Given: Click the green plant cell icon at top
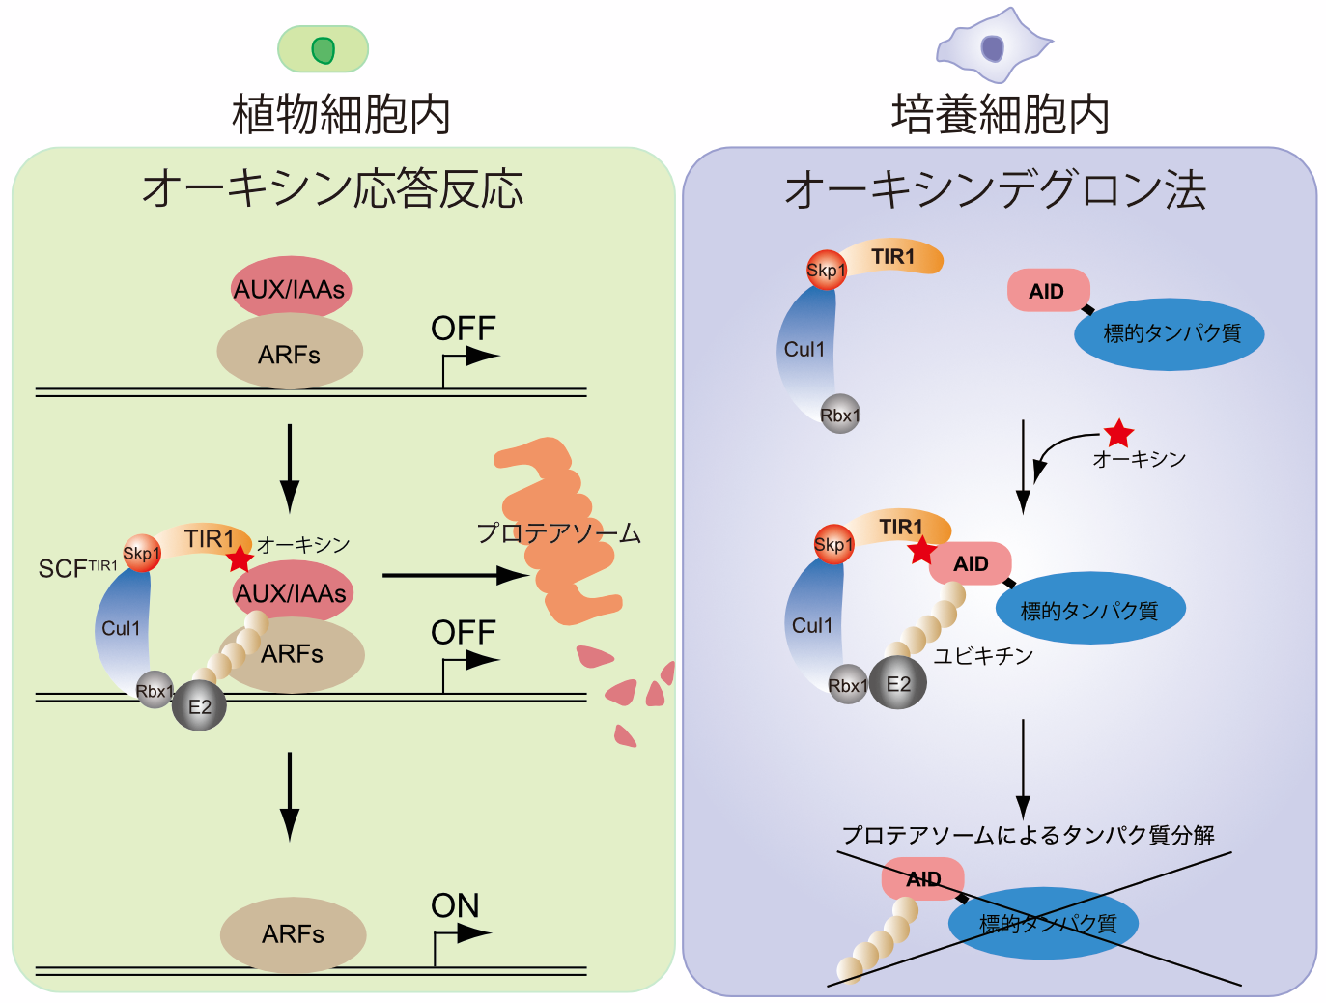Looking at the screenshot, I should click(323, 49).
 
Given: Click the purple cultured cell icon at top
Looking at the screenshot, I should click(993, 45).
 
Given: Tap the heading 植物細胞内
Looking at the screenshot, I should click(341, 114).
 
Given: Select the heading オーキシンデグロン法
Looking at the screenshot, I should click(995, 189).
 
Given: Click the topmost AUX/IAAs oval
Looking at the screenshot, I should click(290, 287).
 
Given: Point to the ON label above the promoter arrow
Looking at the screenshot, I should click(455, 905).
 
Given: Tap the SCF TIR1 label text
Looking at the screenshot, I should click(77, 568).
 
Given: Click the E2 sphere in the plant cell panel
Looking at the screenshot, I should click(199, 706).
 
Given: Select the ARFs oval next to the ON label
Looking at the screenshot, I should click(293, 933).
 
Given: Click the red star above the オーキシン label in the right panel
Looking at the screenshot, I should click(1118, 433).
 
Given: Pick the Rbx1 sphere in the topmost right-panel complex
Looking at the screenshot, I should click(839, 415).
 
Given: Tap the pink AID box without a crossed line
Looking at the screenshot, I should click(1048, 291).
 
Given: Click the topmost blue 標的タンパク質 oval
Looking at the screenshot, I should click(1170, 333).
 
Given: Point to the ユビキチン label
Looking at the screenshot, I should click(983, 656).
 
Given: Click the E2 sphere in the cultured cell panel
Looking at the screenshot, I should click(898, 684).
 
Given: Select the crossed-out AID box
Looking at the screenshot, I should click(922, 878).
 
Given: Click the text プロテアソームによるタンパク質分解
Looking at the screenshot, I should click(1028, 835).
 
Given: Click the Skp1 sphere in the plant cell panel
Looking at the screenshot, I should click(141, 553).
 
